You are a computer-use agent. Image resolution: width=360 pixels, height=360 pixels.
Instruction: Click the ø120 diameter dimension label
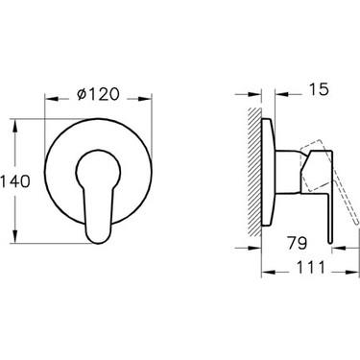[x=98, y=94]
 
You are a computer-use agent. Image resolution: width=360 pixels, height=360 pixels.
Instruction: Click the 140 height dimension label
[x=15, y=181]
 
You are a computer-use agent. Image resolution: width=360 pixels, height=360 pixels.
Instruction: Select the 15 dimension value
[x=319, y=89]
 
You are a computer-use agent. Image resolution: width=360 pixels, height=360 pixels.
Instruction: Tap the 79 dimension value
[x=297, y=243]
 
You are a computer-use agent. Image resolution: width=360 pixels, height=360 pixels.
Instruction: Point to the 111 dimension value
[x=311, y=267]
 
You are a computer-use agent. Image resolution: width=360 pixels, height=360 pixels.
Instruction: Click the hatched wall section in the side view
[x=254, y=172]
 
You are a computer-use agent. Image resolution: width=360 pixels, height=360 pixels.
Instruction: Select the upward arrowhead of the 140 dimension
[x=14, y=126]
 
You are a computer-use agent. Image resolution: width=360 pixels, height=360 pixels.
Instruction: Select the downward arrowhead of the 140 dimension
[x=14, y=236]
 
